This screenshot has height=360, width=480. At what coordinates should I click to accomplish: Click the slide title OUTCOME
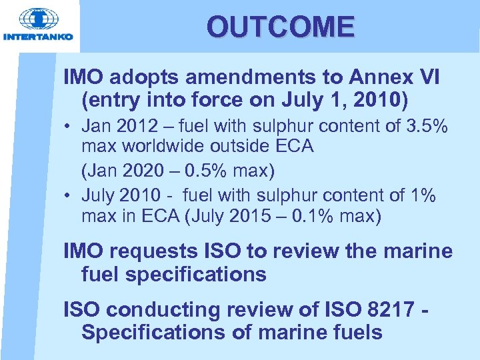coord(281,27)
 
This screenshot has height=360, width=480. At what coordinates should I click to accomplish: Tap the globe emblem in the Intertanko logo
coord(38,20)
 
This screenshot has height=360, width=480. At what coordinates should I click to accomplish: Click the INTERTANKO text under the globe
coord(38,37)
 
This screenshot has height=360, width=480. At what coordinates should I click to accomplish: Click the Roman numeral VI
coord(426,77)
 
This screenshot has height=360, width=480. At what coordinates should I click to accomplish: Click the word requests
coord(153,251)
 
